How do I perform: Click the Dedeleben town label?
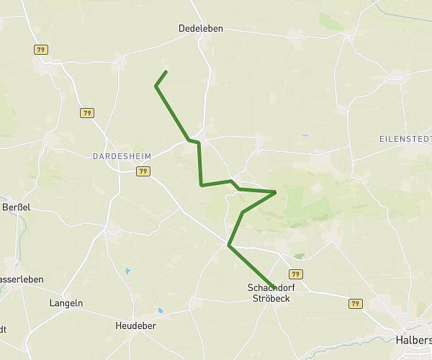(201, 29)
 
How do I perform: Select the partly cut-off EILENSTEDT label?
(405, 138)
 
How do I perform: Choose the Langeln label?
(66, 303)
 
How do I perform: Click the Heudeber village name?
(135, 326)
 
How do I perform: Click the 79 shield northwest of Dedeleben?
(41, 49)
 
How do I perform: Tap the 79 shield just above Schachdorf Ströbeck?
(295, 274)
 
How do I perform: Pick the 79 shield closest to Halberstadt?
(354, 304)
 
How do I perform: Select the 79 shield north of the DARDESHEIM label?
(87, 113)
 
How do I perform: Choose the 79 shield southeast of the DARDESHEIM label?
(143, 171)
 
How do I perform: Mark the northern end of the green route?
(166, 71)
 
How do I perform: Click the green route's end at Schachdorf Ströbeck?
(273, 286)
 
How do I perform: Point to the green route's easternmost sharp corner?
(276, 192)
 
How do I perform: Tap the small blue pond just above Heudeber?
(160, 311)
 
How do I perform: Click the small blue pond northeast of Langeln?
(127, 271)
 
